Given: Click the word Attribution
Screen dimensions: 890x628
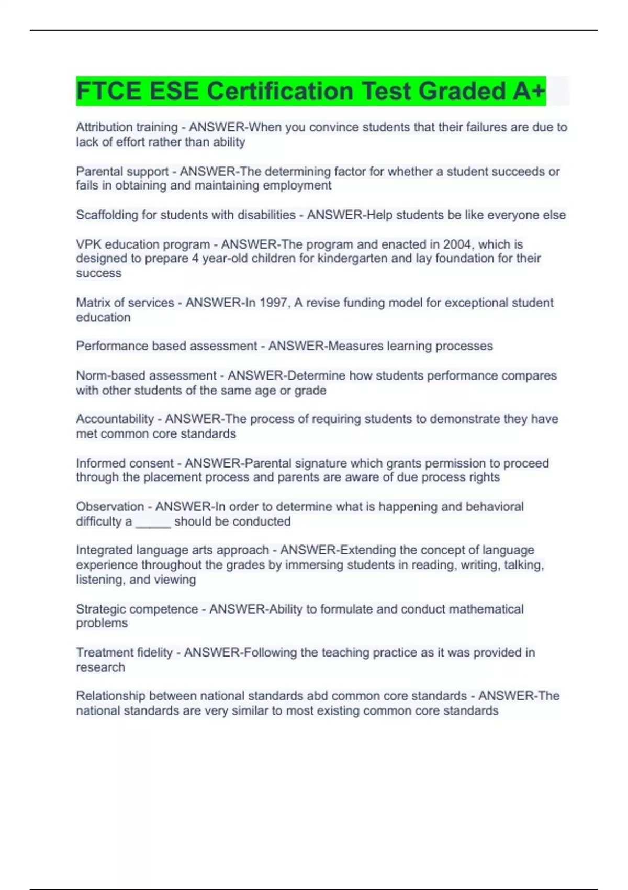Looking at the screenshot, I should pyautogui.click(x=104, y=127).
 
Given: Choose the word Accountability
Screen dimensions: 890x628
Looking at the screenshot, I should pyautogui.click(x=115, y=419).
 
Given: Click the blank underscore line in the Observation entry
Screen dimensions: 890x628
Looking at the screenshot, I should pyautogui.click(x=153, y=522).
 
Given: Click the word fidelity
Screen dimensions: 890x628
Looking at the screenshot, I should pyautogui.click(x=154, y=653).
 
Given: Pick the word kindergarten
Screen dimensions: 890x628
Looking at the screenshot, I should pyautogui.click(x=352, y=259).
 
